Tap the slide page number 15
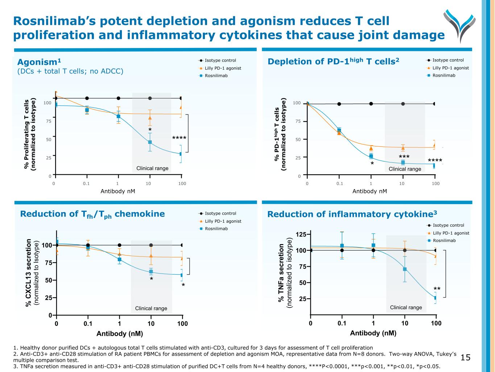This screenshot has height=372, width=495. point(465,358)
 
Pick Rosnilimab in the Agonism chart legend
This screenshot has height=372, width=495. point(216,76)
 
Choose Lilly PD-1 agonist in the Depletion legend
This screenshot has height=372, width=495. point(450,68)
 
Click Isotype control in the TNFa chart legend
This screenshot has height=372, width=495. point(448,225)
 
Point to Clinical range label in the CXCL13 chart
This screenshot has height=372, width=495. point(151,308)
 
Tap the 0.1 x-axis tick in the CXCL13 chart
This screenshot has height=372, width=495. point(88,323)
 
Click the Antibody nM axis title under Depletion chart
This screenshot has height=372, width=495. point(370,191)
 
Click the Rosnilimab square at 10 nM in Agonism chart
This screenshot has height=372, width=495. point(150,142)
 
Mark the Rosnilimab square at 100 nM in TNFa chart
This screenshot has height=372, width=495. point(436,298)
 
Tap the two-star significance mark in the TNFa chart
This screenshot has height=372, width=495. point(437,289)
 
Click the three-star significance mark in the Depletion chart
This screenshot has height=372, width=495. point(404,157)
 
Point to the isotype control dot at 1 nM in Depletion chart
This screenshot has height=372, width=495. point(371,104)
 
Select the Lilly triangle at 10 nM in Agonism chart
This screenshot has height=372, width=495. point(150,118)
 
